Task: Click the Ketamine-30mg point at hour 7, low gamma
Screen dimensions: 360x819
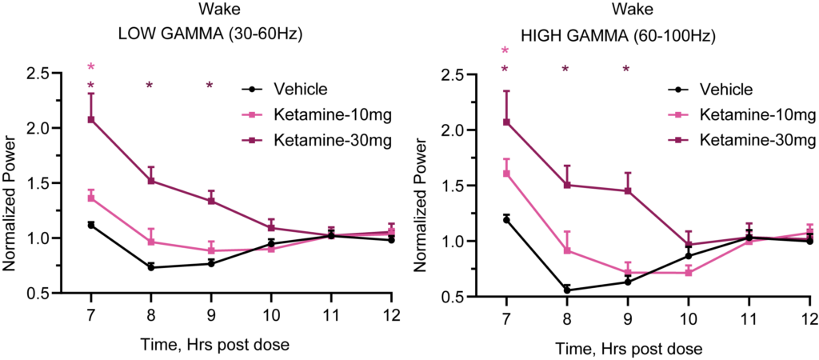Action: (91, 120)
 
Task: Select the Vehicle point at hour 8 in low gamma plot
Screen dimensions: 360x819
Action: (151, 267)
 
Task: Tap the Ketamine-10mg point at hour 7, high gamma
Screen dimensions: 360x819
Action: (505, 173)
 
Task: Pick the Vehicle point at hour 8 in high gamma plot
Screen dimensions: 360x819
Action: (566, 290)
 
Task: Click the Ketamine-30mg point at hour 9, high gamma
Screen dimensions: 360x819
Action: (628, 190)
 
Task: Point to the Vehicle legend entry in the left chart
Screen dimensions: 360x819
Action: (302, 90)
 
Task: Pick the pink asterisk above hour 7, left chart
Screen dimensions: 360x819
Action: (91, 67)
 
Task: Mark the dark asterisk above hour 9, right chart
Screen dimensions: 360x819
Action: (626, 70)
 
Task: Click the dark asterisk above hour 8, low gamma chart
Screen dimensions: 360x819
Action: (150, 86)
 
